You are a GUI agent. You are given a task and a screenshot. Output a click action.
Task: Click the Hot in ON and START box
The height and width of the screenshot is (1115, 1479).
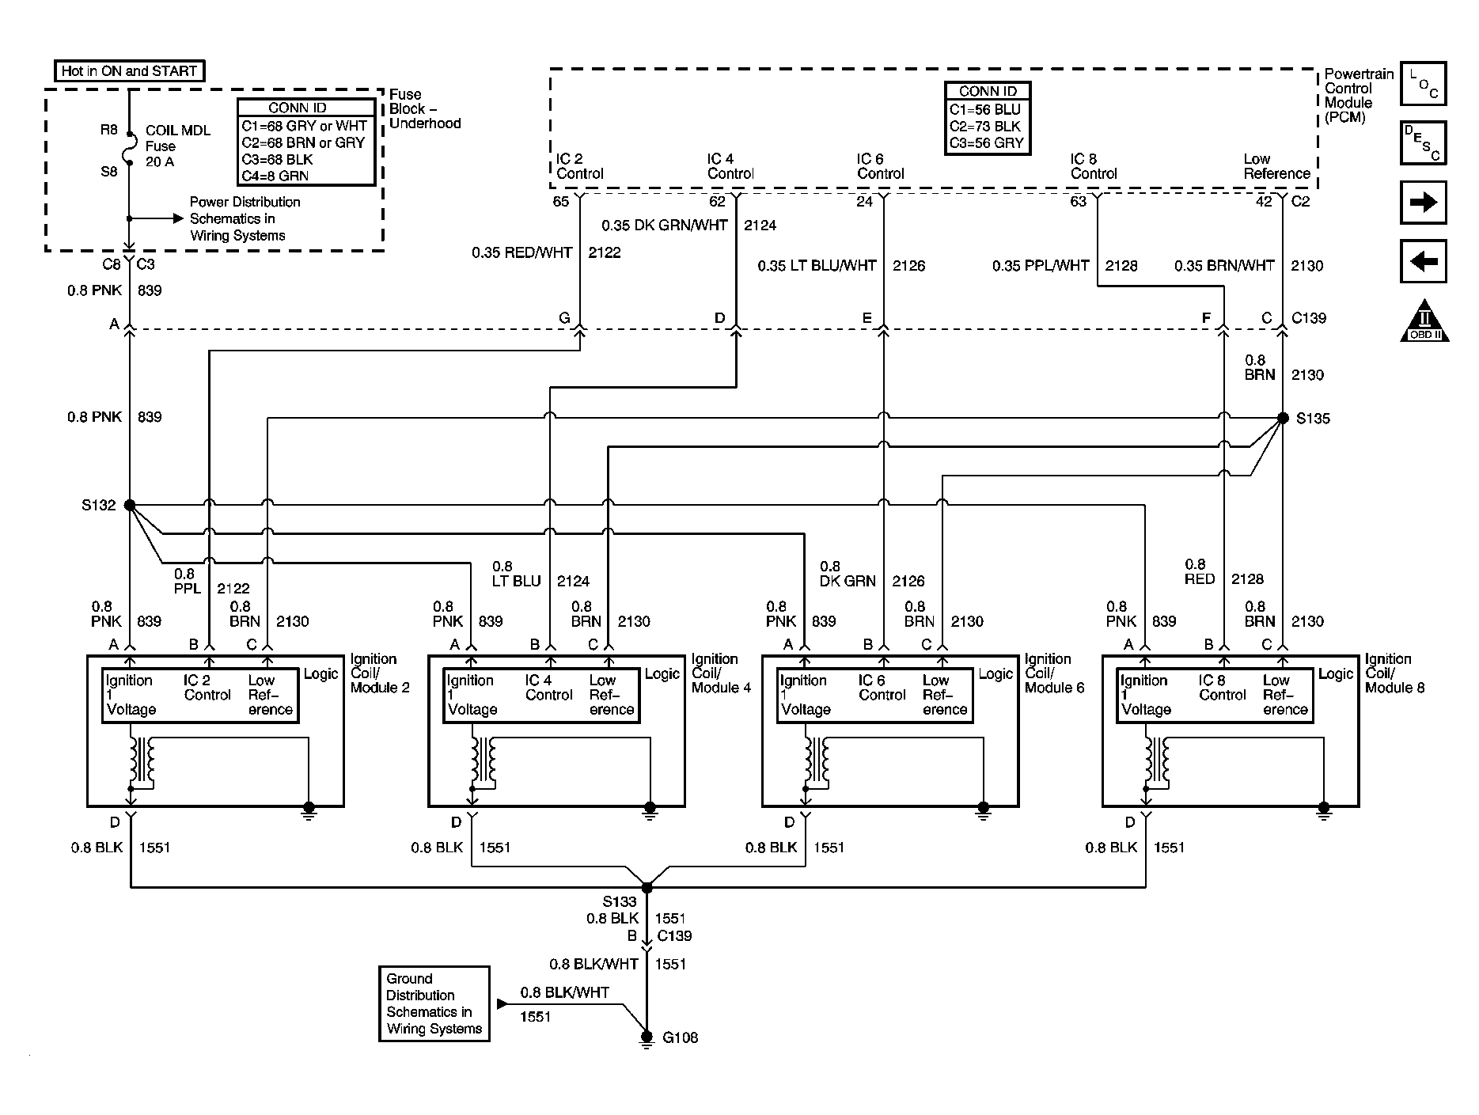[129, 71]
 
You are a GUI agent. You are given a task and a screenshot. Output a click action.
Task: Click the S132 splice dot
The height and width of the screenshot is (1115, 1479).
[130, 505]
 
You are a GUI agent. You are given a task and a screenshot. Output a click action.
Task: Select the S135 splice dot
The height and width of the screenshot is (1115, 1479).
[1283, 417]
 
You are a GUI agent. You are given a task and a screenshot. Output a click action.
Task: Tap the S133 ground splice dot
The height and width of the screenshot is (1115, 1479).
[647, 888]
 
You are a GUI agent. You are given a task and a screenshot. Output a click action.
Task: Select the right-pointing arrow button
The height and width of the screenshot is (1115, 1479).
[1423, 203]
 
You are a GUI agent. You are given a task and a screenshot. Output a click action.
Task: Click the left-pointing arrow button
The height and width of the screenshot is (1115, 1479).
[1423, 261]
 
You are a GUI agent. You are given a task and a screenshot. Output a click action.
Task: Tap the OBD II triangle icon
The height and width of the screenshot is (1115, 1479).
[1424, 321]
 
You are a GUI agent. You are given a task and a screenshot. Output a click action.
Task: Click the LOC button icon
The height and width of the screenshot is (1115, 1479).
[1423, 84]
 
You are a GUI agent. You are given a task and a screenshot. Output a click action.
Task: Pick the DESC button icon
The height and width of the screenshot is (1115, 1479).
[1423, 143]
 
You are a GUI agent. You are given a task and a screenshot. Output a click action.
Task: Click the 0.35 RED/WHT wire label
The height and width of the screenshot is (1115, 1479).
[522, 252]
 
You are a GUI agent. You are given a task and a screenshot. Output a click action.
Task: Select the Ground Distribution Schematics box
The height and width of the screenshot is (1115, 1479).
[434, 1003]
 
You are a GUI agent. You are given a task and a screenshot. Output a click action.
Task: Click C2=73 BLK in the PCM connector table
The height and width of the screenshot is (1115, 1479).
[986, 127]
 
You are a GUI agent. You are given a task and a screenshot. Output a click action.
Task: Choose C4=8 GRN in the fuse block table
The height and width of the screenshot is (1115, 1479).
[276, 176]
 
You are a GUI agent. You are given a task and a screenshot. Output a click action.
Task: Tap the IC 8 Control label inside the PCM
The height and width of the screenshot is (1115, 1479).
[1094, 166]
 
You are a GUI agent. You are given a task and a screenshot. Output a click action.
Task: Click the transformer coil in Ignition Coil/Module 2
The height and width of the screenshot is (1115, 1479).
[143, 760]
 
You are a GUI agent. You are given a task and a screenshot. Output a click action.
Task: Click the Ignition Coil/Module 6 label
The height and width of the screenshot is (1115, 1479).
[1054, 673]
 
